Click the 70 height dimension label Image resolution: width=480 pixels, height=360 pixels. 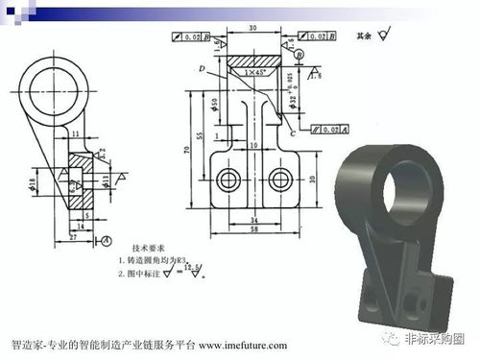click(190, 150)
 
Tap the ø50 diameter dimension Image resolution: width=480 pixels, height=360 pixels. click(213, 103)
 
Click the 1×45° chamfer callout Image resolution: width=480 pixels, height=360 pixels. click(255, 72)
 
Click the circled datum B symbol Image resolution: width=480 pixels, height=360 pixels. click(300, 55)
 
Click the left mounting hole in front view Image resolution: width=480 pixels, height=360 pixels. click(228, 179)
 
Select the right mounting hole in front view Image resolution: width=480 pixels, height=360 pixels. click(279, 179)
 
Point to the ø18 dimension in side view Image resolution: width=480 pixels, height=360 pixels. click(32, 181)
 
